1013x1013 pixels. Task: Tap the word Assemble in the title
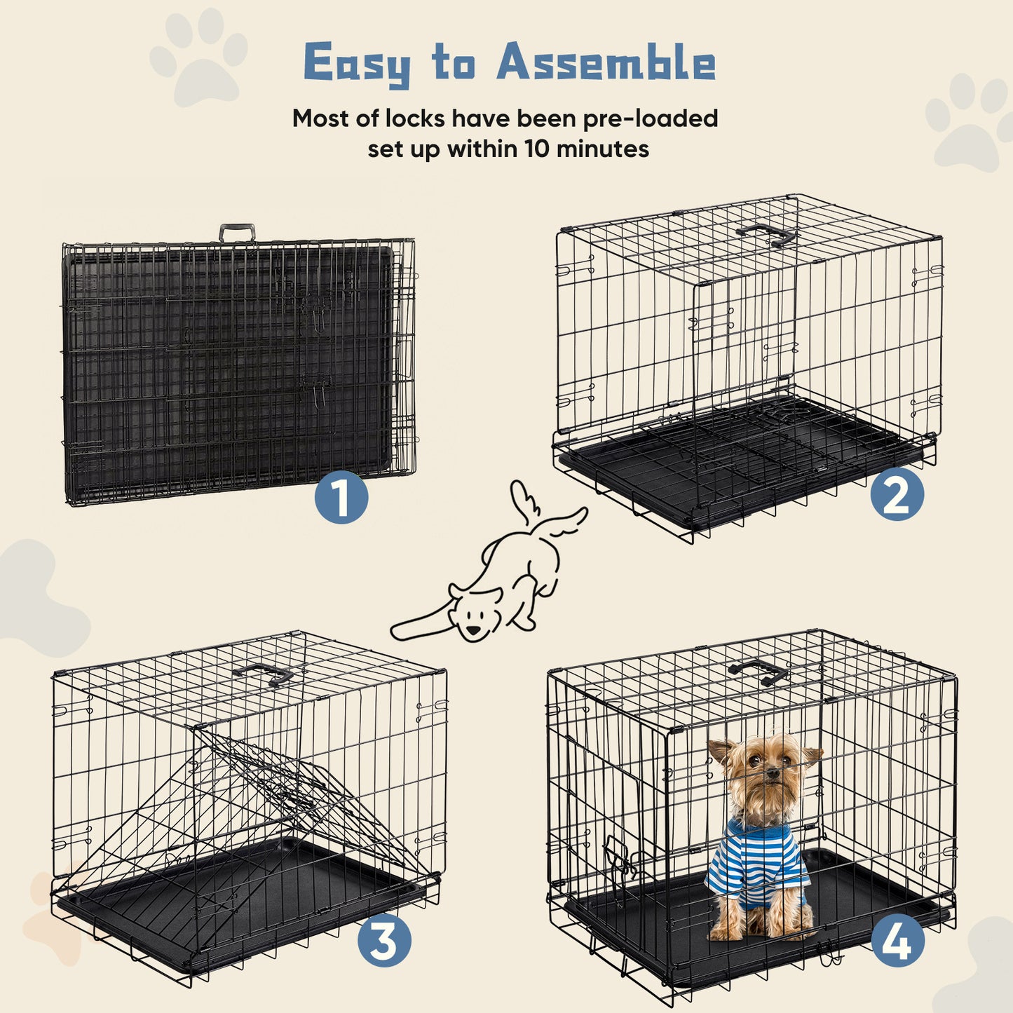pos(606,63)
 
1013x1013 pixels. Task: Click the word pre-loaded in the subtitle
pos(651,118)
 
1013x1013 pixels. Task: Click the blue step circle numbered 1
pos(341,498)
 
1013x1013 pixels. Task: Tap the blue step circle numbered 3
pos(384,940)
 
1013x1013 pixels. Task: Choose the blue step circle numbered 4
pos(897,940)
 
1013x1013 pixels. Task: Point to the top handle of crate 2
pos(766,234)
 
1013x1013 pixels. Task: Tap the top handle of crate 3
pos(264,674)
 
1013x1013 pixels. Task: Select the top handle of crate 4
pos(759,670)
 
